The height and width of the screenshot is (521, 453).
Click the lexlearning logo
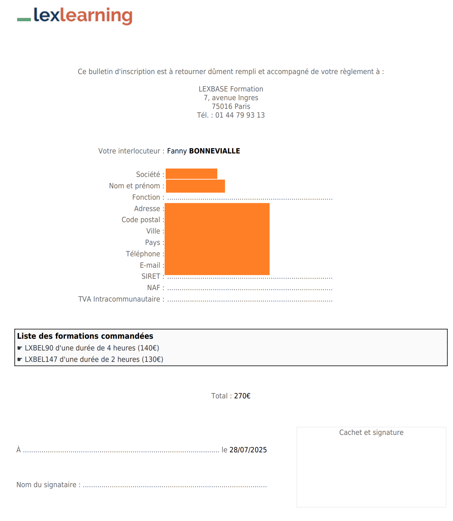(75, 16)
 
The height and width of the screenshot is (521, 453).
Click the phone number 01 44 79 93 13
(240, 115)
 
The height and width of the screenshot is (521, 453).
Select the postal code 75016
(221, 107)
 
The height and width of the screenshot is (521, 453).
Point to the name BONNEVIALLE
(215, 151)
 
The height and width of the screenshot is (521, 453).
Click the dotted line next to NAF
(250, 288)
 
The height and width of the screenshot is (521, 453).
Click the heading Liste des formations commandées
(85, 336)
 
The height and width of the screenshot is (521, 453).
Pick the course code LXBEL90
(39, 348)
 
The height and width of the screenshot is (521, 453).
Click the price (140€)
(148, 348)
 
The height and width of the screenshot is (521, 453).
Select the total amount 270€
(242, 396)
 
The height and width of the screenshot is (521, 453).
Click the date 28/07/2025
(248, 450)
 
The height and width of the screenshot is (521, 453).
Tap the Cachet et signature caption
(371, 433)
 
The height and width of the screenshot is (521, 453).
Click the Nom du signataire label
(48, 485)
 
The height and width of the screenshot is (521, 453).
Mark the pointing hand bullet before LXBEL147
(20, 360)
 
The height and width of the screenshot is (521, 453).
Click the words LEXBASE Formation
(231, 89)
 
